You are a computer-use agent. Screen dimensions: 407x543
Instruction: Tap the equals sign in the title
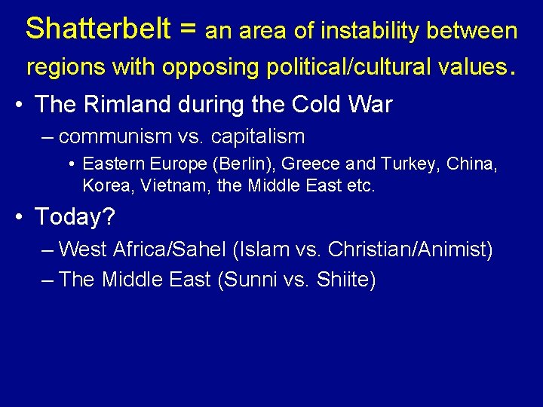[x=189, y=30]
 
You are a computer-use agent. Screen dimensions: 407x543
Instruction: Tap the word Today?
[x=75, y=217]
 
